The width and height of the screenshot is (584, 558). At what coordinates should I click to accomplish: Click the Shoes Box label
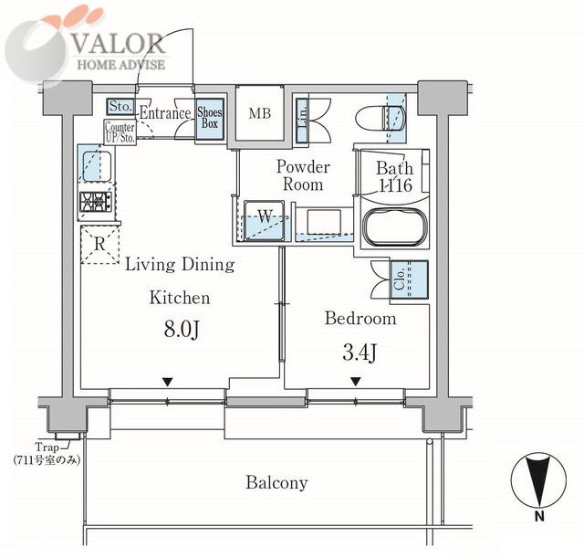[210, 118]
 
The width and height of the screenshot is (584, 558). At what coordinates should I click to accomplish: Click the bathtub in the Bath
[395, 226]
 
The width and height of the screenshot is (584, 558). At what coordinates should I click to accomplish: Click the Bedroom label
[361, 319]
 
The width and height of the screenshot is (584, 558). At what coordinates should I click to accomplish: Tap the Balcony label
[276, 483]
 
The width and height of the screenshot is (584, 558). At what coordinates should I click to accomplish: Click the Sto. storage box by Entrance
[120, 106]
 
